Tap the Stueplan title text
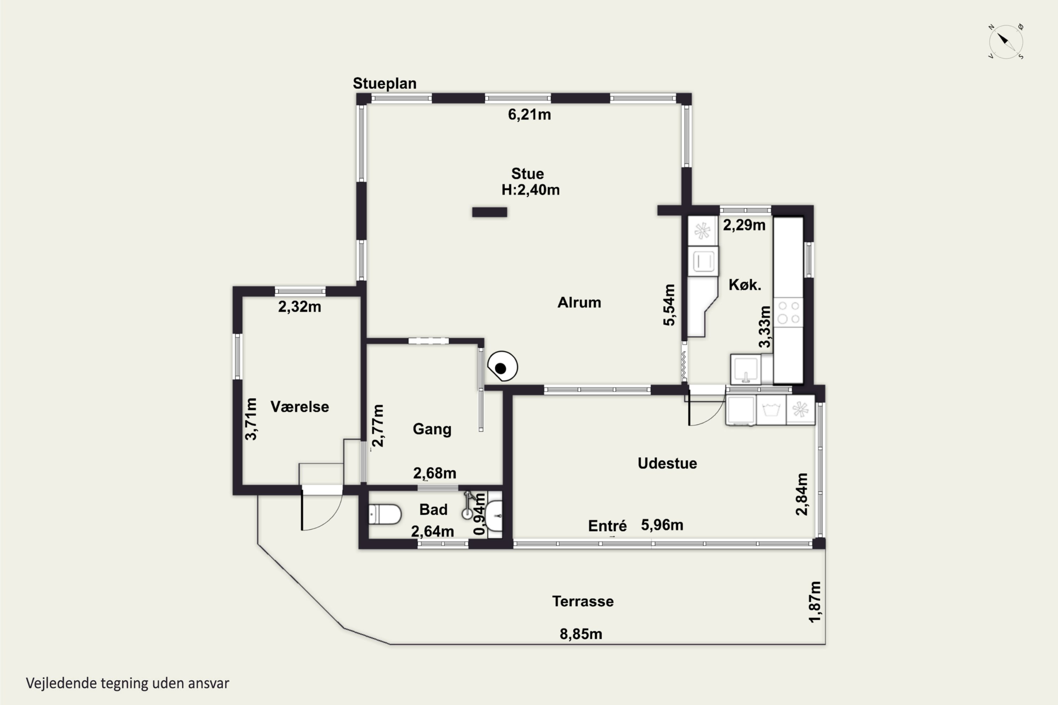coord(385,83)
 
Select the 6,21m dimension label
coord(529,115)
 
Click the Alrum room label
coord(579,302)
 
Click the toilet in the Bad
coord(385,514)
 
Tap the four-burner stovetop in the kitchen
coord(789,312)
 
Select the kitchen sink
coord(746,369)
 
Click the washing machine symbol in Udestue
coord(771,410)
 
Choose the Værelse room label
coord(299,407)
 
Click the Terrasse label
coord(583,602)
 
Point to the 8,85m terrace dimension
coord(581,634)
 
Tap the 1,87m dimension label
coord(815,602)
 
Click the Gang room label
coord(432,429)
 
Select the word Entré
coord(607,526)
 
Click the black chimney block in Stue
coord(490,212)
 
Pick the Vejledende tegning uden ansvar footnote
coord(127,683)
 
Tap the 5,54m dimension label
coord(669,305)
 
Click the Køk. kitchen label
coord(745,284)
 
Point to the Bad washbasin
coord(495,515)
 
